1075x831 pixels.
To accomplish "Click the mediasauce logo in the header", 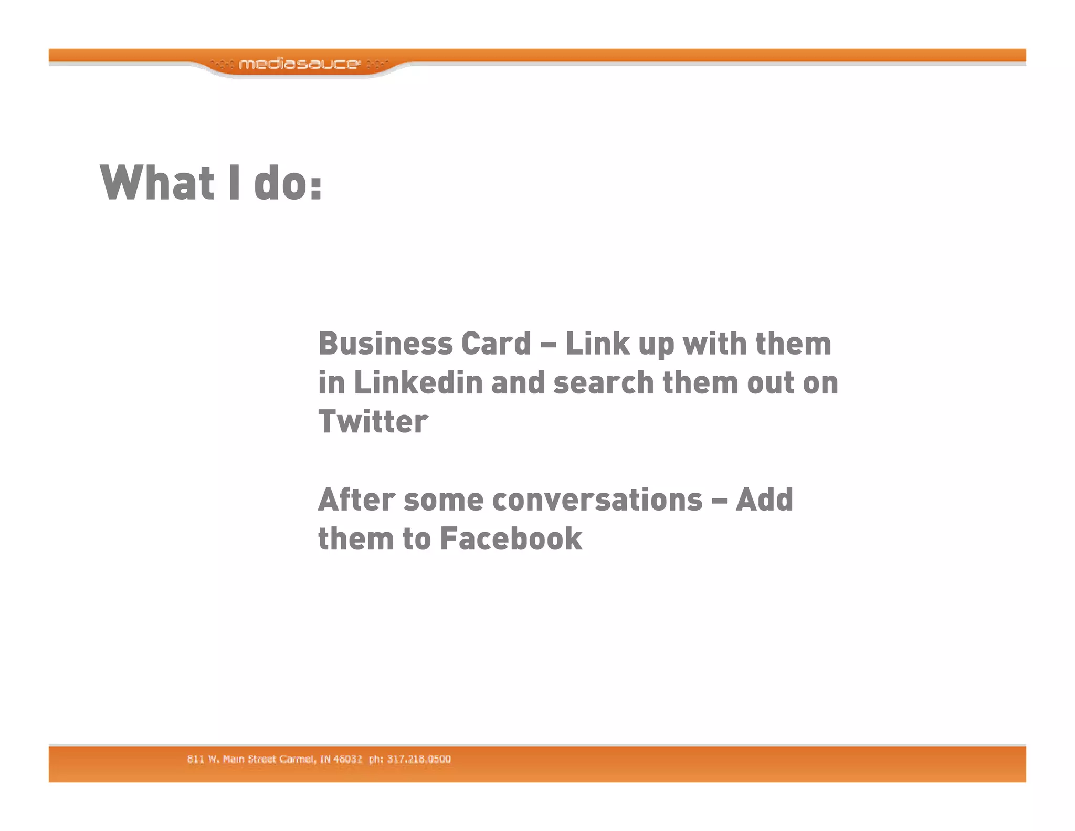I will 299,64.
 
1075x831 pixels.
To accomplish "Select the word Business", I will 385,344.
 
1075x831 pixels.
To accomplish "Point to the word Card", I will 496,344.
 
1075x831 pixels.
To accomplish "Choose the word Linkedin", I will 418,382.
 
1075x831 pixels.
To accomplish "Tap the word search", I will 604,382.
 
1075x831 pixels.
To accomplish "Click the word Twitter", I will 373,421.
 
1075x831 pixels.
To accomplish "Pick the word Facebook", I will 511,538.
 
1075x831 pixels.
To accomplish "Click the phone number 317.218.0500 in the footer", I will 419,759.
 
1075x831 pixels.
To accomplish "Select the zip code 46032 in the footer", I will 347,759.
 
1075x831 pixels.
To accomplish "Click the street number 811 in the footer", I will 195,759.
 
